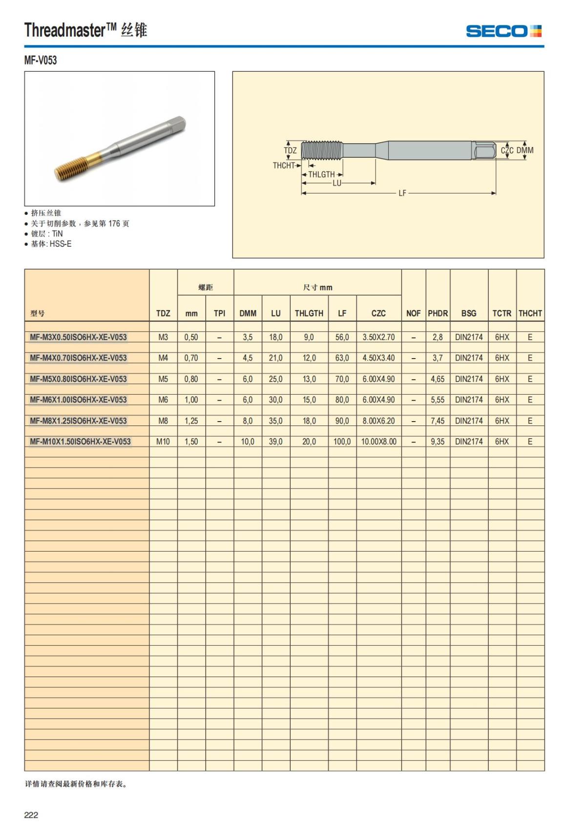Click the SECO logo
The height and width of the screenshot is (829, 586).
503,31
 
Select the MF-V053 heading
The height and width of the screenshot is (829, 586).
41,60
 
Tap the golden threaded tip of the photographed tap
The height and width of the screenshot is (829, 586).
70,166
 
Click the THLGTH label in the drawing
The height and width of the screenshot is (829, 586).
321,174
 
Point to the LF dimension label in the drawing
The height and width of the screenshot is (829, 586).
402,193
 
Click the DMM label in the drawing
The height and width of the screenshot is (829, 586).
525,150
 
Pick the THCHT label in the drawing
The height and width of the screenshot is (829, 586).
284,166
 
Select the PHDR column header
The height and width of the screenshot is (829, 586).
438,313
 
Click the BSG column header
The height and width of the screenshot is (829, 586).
469,313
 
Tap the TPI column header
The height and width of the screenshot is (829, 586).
219,313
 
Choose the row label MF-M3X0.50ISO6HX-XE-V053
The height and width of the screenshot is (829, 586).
78,337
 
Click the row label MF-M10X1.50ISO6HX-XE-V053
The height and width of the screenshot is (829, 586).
80,442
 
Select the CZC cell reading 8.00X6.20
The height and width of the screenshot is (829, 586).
378,421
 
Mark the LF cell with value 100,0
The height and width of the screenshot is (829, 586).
342,442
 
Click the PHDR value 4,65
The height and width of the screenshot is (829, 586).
438,379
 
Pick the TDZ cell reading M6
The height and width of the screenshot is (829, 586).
163,400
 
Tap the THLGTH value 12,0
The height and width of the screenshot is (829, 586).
309,358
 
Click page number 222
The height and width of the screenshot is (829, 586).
31,815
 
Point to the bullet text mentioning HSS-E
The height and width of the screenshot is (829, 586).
51,244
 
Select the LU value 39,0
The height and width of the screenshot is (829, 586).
275,442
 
